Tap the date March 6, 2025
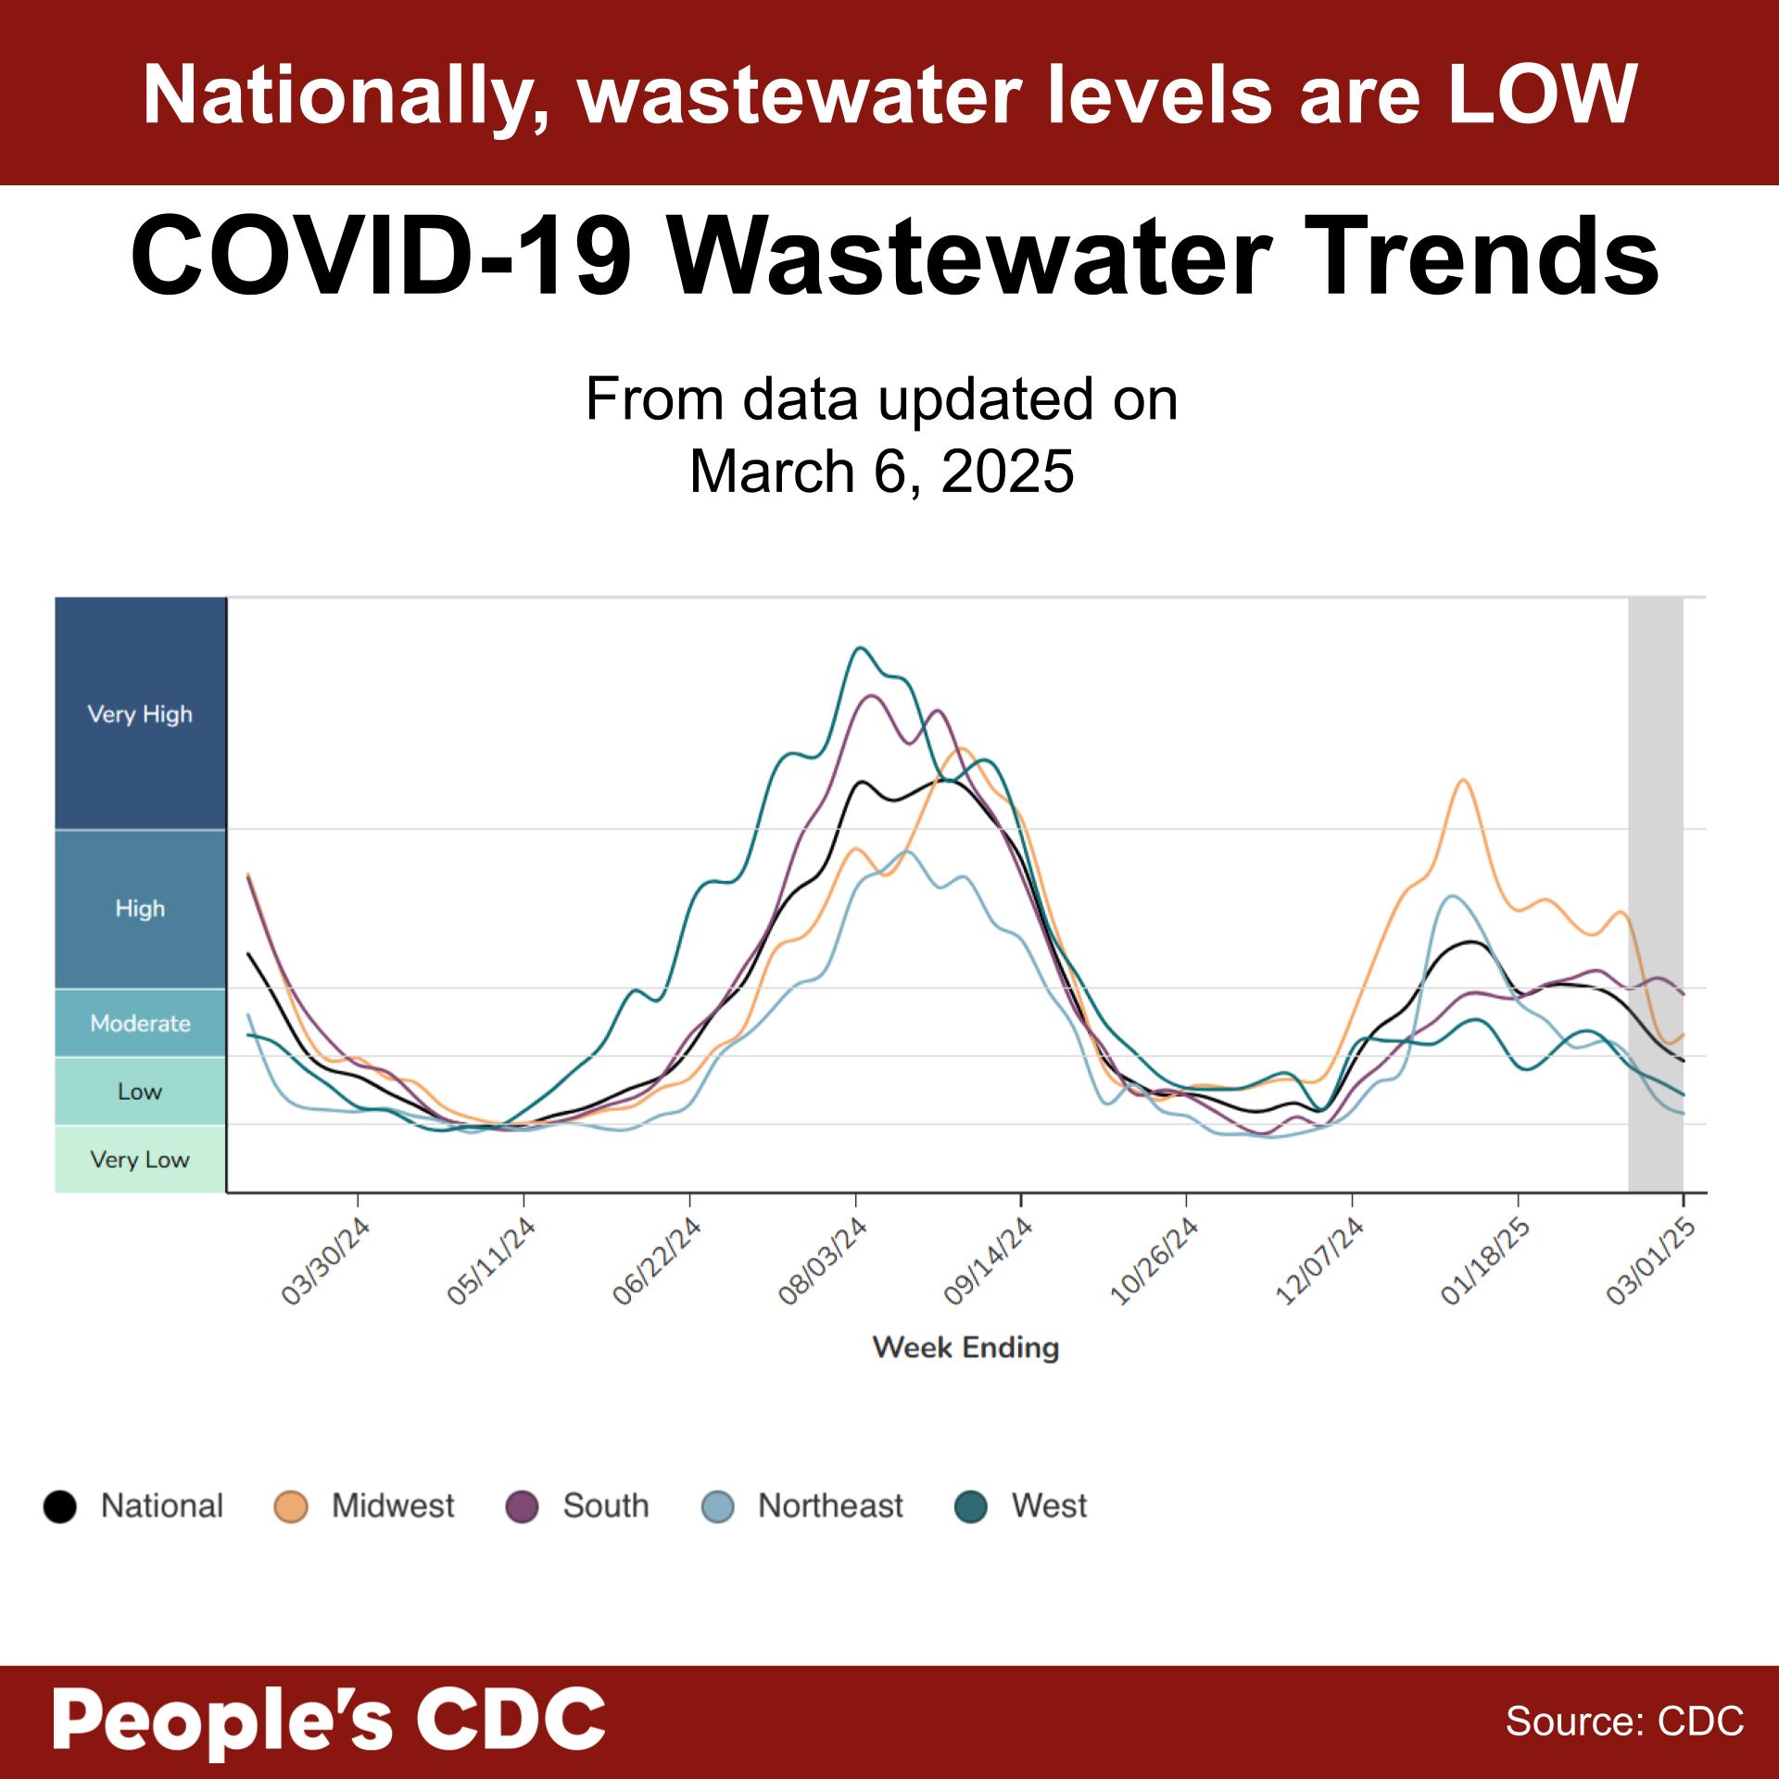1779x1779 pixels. pyautogui.click(x=881, y=472)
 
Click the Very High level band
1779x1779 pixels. pyautogui.click(x=140, y=713)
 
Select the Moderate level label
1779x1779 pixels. pyautogui.click(x=140, y=1023)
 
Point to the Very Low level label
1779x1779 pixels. pyautogui.click(x=140, y=1159)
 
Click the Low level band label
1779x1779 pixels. pyautogui.click(x=140, y=1091)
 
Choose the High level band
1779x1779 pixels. pyautogui.click(x=140, y=908)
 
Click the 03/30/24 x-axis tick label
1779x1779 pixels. pyautogui.click(x=326, y=1262)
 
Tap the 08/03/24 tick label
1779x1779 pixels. pyautogui.click(x=823, y=1262)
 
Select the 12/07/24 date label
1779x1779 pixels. pyautogui.click(x=1320, y=1262)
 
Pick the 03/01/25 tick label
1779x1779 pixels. pyautogui.click(x=1651, y=1262)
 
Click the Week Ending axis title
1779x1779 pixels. pyautogui.click(x=965, y=1347)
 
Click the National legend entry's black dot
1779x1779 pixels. pyautogui.click(x=60, y=1507)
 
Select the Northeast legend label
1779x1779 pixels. pyautogui.click(x=829, y=1507)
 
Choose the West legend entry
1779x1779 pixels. pyautogui.click(x=1048, y=1507)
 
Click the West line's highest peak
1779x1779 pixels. pyautogui.click(x=859, y=648)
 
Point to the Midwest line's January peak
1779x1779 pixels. pyautogui.click(x=1463, y=780)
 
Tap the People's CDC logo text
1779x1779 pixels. pyautogui.click(x=329, y=1719)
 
